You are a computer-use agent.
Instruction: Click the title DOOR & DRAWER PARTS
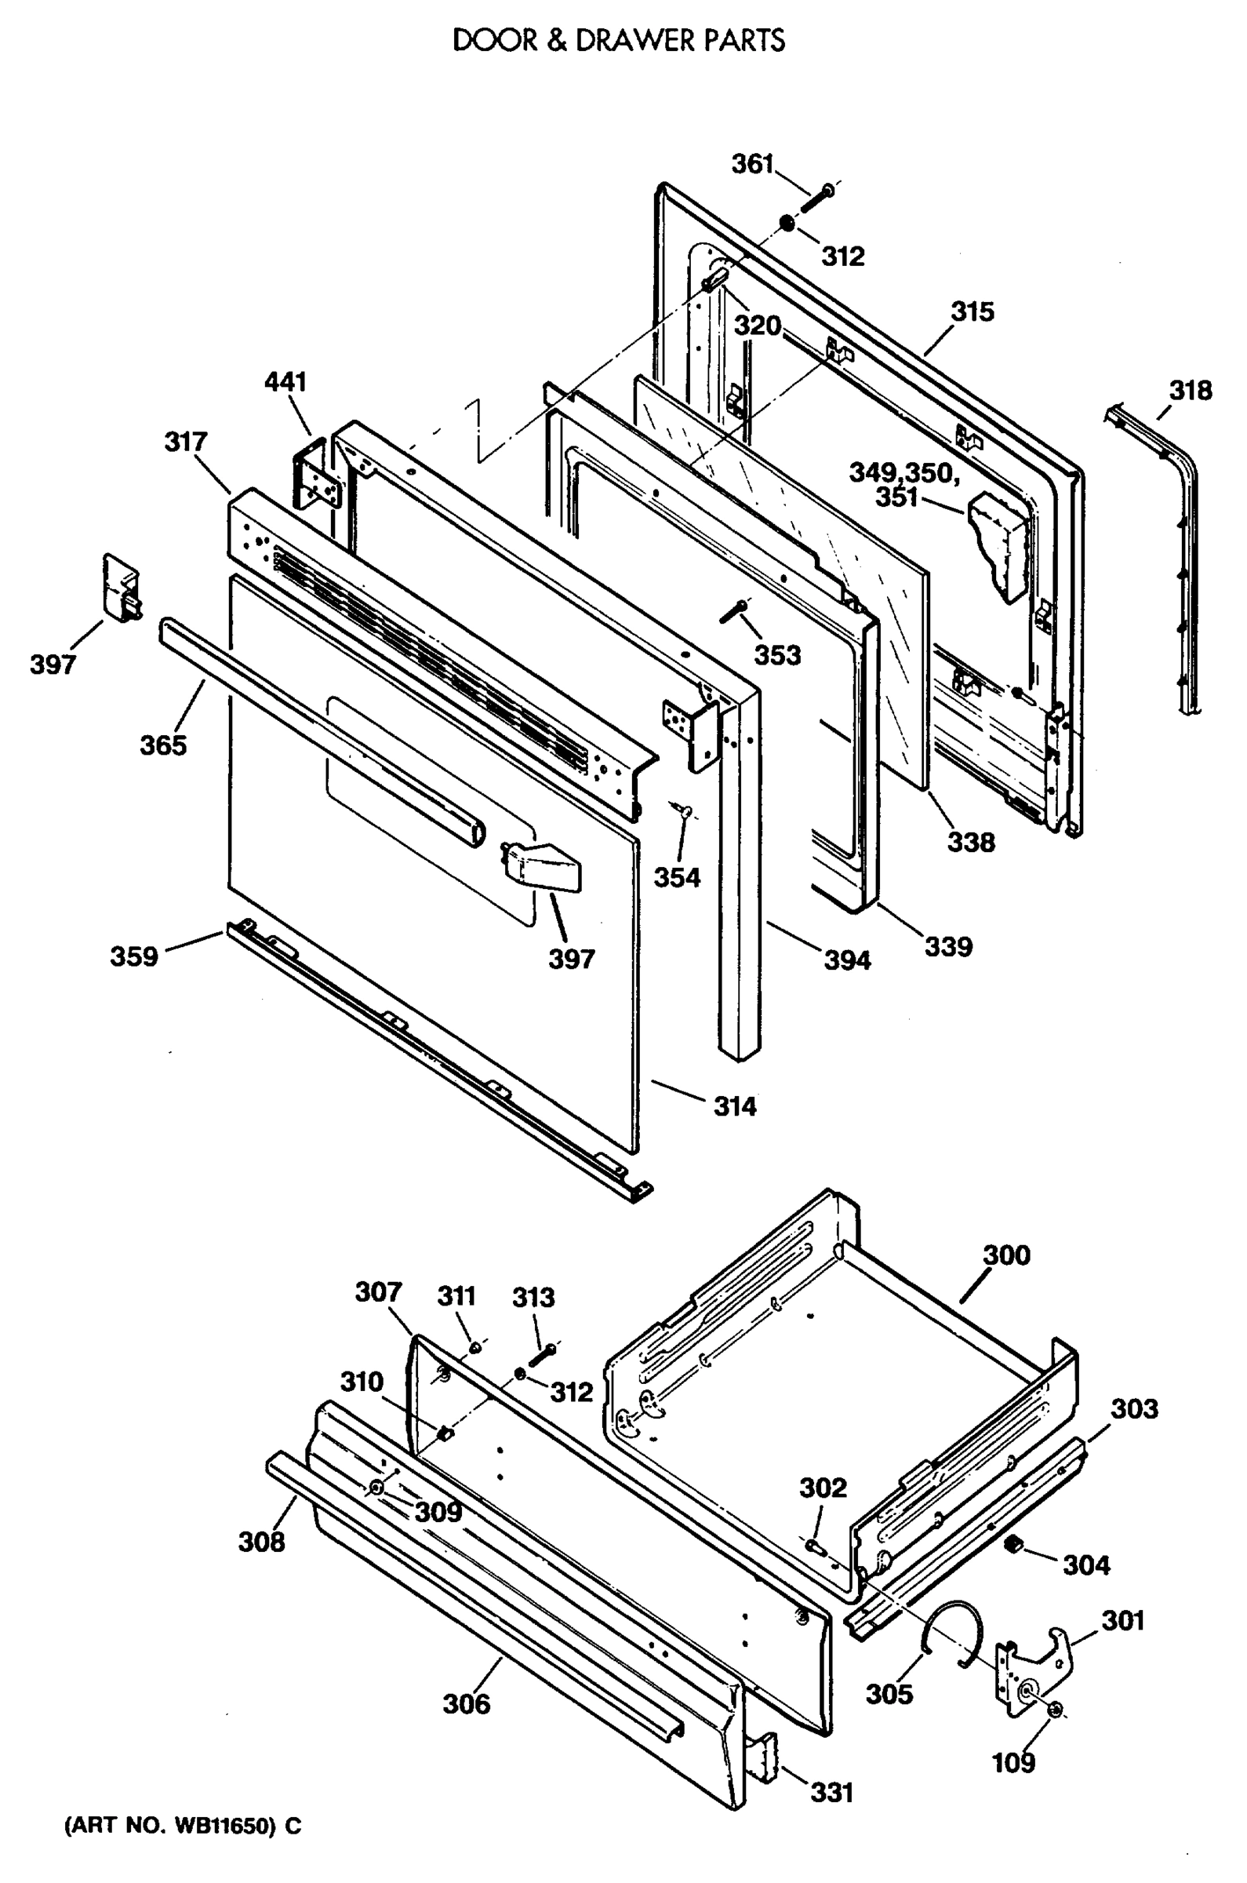619,41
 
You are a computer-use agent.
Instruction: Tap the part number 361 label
751,164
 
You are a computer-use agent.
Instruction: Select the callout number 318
1190,391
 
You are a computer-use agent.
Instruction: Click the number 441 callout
285,382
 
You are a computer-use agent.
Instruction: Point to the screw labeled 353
733,612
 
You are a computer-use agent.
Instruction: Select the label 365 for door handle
163,745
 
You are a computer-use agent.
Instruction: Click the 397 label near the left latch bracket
53,665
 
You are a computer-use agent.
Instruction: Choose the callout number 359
133,956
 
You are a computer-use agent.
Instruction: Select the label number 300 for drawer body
1006,1255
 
